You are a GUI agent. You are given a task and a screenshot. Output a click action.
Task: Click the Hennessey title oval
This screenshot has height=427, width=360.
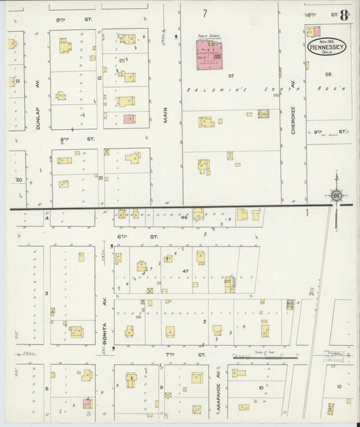tap(327, 48)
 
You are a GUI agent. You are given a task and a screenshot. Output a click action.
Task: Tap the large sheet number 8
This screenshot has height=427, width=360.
tap(344, 16)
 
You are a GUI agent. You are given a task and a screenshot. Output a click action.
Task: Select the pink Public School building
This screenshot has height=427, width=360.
tap(210, 55)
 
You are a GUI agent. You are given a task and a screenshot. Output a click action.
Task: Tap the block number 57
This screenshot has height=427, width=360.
tap(231, 76)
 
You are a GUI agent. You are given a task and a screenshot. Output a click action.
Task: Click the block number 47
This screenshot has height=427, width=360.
tap(185, 270)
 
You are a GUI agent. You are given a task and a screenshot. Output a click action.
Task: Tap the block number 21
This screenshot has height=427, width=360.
tap(101, 178)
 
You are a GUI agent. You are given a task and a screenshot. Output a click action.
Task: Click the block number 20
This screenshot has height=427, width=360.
tap(19, 180)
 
